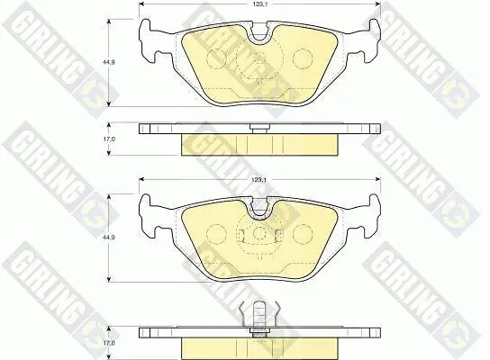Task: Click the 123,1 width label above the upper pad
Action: [x=259, y=4]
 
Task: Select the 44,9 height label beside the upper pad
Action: [x=109, y=62]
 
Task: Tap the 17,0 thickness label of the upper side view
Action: [x=109, y=139]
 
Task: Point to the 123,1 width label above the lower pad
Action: [x=259, y=180]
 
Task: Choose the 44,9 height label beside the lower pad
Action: [x=109, y=238]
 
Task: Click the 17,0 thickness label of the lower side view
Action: [x=109, y=343]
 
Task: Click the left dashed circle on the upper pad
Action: [x=216, y=58]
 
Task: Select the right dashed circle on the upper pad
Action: [x=303, y=58]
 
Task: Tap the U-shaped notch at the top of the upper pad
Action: [x=259, y=31]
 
